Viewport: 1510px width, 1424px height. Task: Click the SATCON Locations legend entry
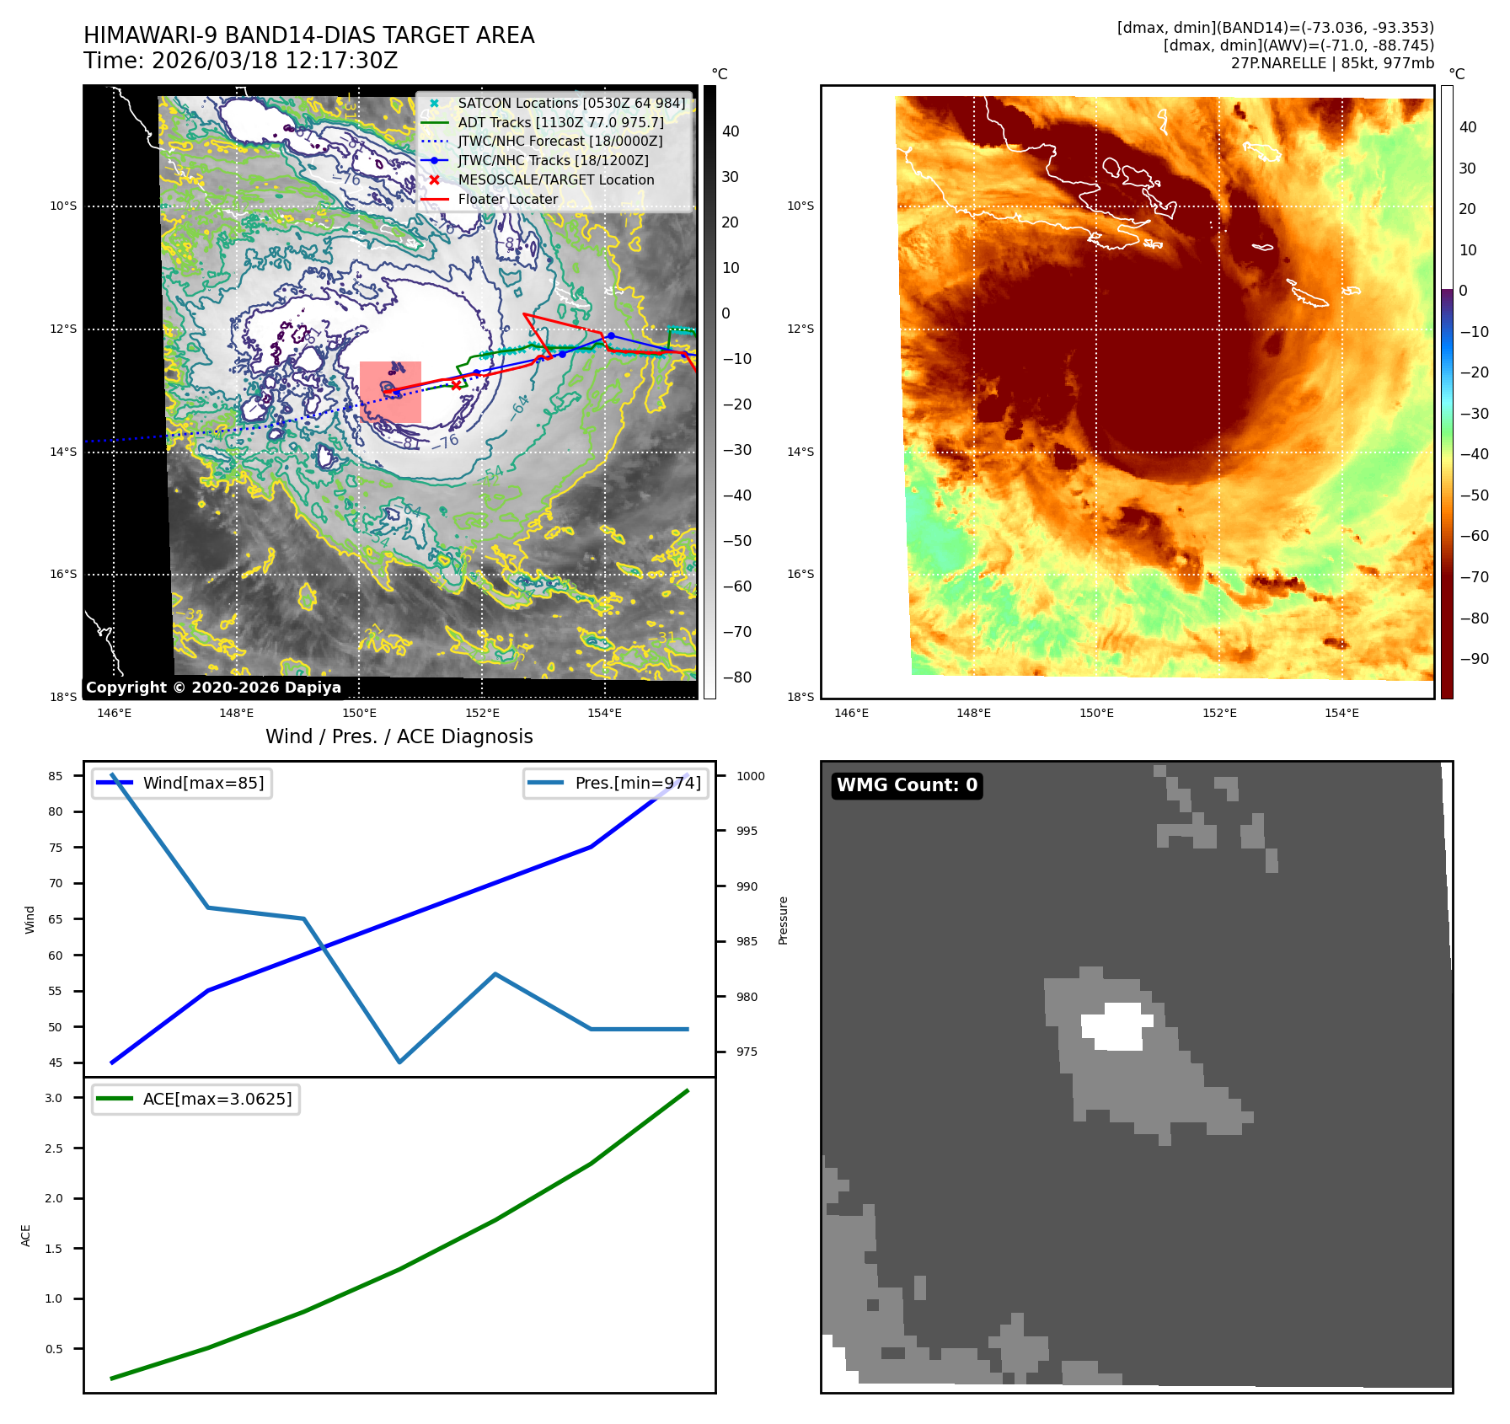click(x=571, y=104)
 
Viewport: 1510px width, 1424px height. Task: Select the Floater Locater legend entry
click(x=507, y=200)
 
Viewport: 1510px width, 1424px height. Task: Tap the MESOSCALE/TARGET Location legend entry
click(x=555, y=180)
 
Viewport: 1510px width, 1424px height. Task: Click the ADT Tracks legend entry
click(x=560, y=123)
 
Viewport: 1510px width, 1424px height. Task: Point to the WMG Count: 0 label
click(x=907, y=785)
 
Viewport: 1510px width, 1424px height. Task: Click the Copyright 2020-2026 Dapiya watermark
click(x=213, y=688)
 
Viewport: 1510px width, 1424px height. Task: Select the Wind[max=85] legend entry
click(x=202, y=784)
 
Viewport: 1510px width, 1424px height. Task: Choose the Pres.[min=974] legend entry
click(x=637, y=784)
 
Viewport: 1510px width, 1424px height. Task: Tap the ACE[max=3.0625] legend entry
click(x=217, y=1100)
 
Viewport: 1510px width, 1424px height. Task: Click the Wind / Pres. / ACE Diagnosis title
click(x=399, y=737)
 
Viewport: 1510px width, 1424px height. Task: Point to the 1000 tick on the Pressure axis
click(x=750, y=777)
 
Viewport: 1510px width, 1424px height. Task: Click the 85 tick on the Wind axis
click(x=56, y=777)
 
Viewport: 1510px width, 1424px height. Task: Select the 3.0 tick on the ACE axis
click(x=54, y=1099)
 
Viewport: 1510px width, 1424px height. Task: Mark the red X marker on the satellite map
click(x=456, y=385)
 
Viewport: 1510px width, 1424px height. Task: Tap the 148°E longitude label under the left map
click(x=237, y=714)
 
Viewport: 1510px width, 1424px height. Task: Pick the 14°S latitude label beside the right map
click(x=801, y=452)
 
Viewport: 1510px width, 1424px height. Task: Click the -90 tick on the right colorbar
click(x=1474, y=660)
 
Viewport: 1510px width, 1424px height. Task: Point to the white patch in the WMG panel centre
click(x=1117, y=1026)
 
